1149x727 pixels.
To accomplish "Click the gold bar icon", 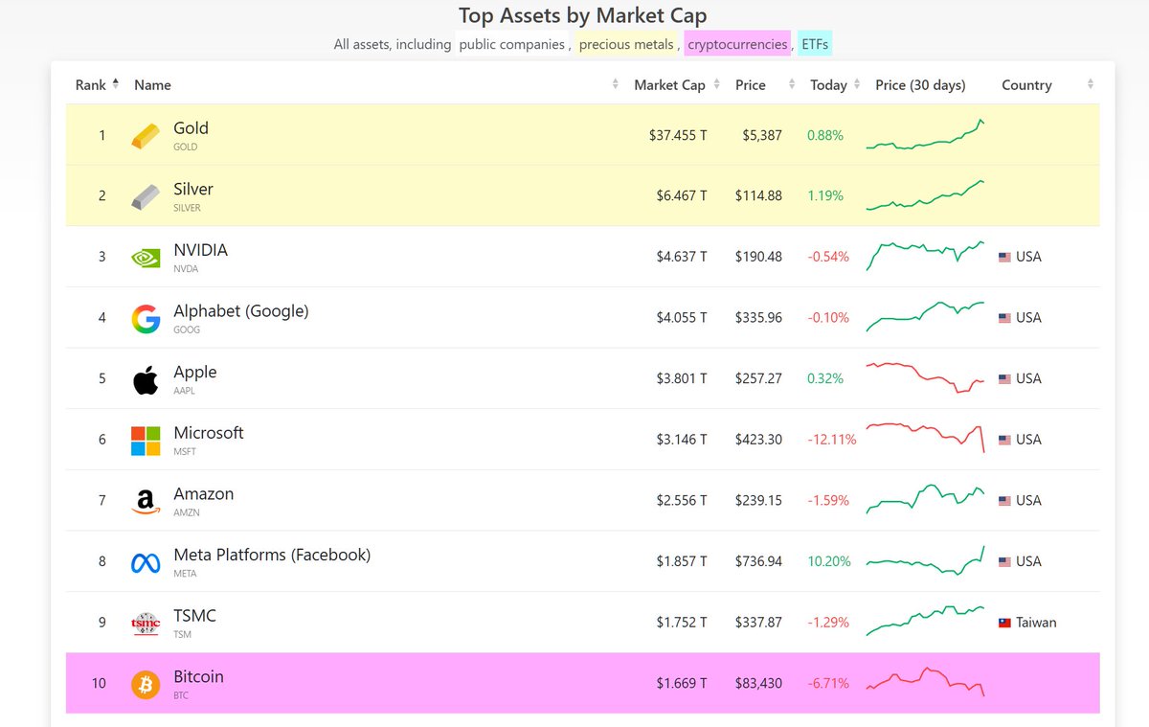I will click(x=146, y=135).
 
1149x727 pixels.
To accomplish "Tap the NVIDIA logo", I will click(x=146, y=257).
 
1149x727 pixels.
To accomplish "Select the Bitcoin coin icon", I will click(x=146, y=684).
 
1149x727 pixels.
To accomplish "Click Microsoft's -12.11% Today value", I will click(x=828, y=440).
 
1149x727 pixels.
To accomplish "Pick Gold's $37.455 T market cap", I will click(x=677, y=135).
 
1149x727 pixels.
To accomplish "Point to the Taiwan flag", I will click(x=1004, y=623).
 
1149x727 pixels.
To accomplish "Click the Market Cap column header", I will click(x=669, y=85).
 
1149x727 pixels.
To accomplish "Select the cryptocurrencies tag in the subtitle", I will click(x=737, y=44).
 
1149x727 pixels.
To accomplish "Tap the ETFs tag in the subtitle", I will click(x=816, y=44).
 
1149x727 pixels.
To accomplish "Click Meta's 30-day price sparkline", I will click(x=925, y=561).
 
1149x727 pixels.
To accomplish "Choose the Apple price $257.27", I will click(x=758, y=378).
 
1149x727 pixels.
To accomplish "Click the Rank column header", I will click(x=91, y=85).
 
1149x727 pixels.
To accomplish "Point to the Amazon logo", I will click(x=146, y=501).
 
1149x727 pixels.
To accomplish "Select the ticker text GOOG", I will click(x=187, y=329).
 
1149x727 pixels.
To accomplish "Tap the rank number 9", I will click(x=102, y=623).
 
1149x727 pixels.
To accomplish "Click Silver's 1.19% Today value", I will click(x=824, y=195).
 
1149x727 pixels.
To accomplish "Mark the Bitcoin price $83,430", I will click(x=758, y=684).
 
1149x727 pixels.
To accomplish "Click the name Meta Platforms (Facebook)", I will click(x=272, y=555).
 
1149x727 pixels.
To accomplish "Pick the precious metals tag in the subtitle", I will click(x=626, y=44).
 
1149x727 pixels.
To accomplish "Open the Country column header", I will click(x=1026, y=85).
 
